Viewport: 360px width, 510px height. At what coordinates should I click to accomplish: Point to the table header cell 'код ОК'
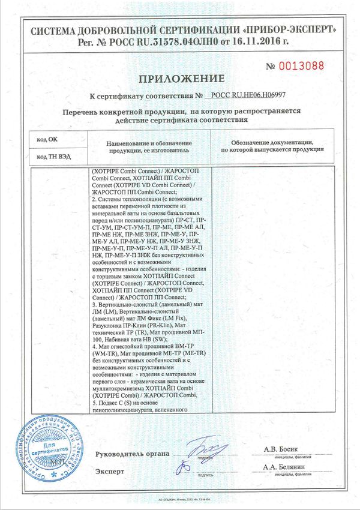click(x=47, y=139)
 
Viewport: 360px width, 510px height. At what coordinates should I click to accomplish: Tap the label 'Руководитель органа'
click(x=131, y=454)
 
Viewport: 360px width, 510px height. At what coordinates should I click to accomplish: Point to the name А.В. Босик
click(x=281, y=449)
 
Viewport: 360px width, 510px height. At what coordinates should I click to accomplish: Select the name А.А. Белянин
click(x=284, y=467)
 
